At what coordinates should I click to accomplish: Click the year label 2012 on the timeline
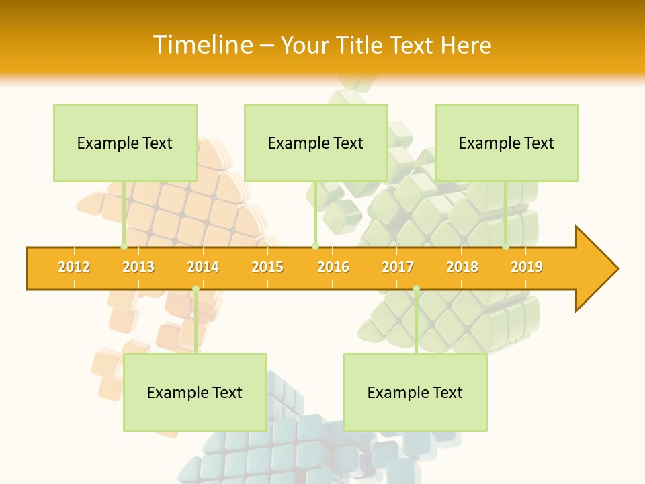(74, 267)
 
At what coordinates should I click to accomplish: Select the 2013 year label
(138, 267)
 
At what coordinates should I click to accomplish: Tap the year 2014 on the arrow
(203, 267)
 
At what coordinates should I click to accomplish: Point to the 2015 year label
(267, 267)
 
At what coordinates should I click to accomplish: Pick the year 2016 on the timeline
(333, 267)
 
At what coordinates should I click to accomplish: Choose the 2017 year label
(398, 267)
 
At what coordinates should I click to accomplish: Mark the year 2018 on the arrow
(462, 267)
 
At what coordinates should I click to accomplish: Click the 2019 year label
(527, 267)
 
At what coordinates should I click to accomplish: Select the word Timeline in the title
(202, 45)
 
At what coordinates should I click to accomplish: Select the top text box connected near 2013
(125, 143)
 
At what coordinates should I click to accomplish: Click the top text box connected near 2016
(316, 143)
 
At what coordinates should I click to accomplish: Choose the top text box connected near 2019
(507, 143)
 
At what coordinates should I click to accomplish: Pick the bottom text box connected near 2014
(195, 392)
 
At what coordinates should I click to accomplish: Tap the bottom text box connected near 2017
(415, 392)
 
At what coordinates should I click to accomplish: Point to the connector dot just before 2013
(124, 247)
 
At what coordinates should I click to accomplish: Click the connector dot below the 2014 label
(196, 289)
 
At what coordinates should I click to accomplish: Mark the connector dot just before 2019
(506, 247)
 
